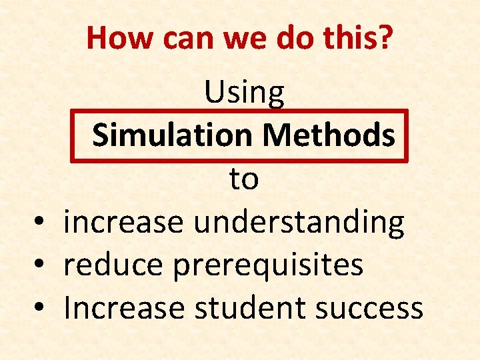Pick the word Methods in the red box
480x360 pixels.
[328, 135]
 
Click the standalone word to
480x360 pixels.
[244, 179]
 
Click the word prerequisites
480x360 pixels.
[268, 266]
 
